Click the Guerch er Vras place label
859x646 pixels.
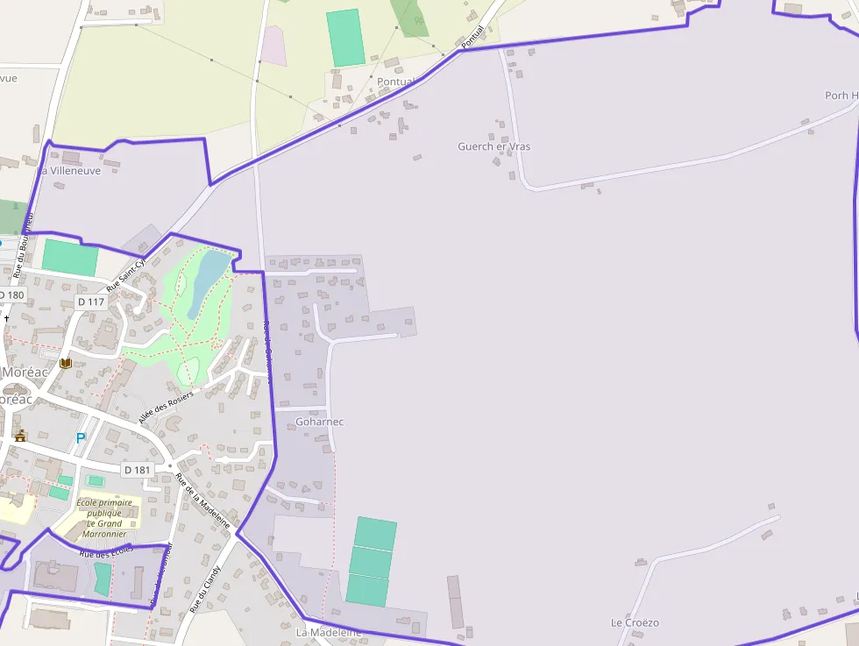493,146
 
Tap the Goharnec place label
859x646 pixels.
320,422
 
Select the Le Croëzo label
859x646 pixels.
635,622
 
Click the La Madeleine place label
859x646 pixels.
329,632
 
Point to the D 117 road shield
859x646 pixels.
91,302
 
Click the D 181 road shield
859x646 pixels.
138,470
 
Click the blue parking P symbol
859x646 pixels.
81,437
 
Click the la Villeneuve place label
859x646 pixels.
69,171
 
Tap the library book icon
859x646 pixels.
65,363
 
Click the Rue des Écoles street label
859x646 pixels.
105,551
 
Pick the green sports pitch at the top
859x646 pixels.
345,37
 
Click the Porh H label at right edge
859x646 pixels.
841,95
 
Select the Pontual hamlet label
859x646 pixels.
395,82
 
